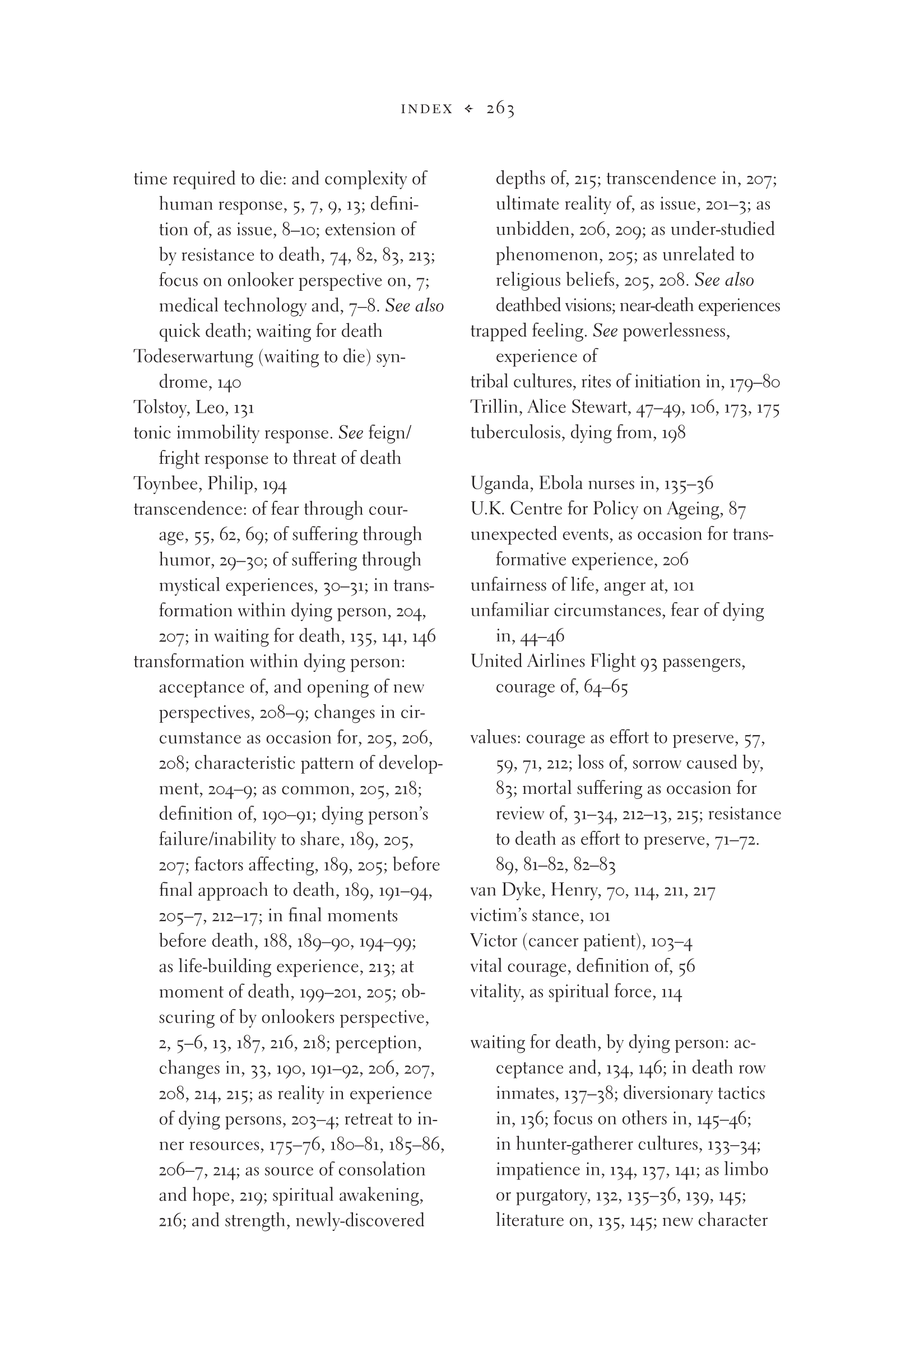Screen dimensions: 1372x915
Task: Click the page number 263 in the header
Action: tap(500, 109)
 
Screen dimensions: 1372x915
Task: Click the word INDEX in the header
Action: tap(426, 109)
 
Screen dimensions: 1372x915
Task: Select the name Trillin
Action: tap(494, 407)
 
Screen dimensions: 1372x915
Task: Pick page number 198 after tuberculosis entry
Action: tap(673, 433)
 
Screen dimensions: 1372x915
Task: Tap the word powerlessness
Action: tap(676, 331)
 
